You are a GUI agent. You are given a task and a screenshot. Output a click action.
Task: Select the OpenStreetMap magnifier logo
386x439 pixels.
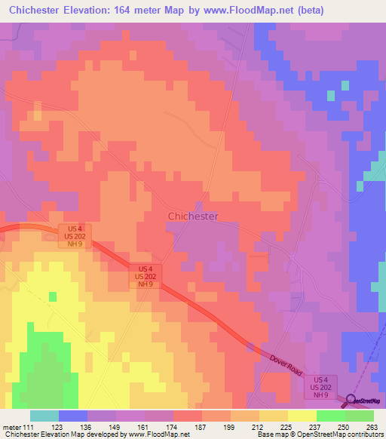pos(352,400)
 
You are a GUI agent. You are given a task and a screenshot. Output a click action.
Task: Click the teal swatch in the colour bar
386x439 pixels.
pos(44,416)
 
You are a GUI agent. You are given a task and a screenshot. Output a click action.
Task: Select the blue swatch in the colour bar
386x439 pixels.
pos(73,416)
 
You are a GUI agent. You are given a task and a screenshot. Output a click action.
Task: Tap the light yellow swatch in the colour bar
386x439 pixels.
pos(302,416)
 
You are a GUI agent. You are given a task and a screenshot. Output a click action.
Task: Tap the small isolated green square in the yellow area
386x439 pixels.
pos(53,296)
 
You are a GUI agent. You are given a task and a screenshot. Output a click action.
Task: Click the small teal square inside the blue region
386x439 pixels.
pos(345,85)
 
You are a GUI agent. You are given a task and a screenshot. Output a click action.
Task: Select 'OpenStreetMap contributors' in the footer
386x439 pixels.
pos(348,435)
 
